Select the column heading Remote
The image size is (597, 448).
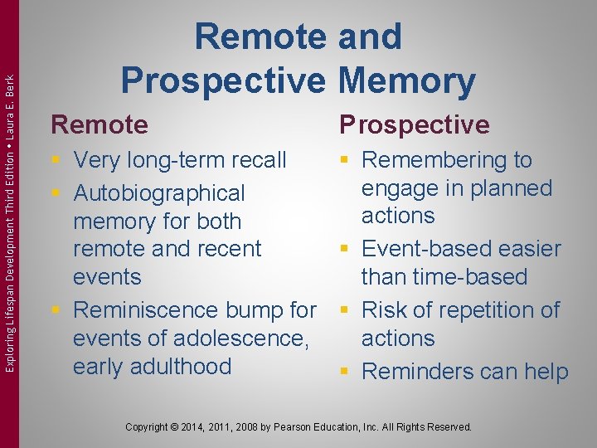(99, 124)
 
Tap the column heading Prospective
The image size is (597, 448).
(414, 124)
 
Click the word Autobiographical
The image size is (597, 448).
(159, 193)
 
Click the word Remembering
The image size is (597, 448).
(437, 159)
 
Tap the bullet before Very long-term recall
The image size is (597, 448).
(56, 160)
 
